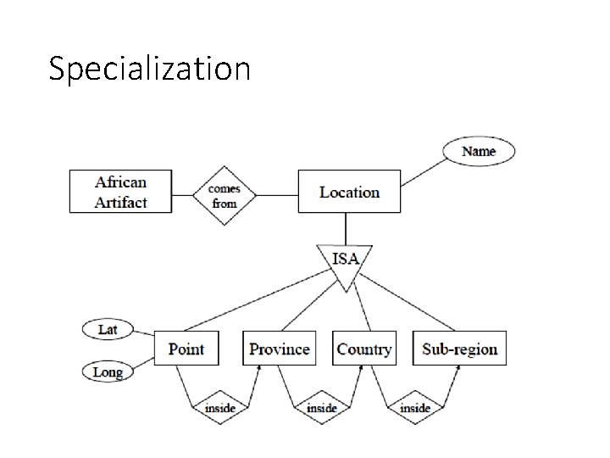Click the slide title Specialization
tap(149, 68)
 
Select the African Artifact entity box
tap(120, 192)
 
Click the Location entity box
tap(349, 192)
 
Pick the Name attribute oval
tap(478, 152)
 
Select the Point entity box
tap(186, 349)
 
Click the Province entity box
tap(279, 349)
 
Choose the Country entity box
tap(364, 349)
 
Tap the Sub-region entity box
tap(459, 349)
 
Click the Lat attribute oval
tap(108, 328)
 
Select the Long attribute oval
tap(108, 371)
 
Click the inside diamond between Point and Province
tap(219, 408)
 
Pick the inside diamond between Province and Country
tap(321, 408)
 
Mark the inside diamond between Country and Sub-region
tap(414, 408)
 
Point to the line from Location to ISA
tap(345, 228)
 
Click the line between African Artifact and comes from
tap(184, 194)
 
